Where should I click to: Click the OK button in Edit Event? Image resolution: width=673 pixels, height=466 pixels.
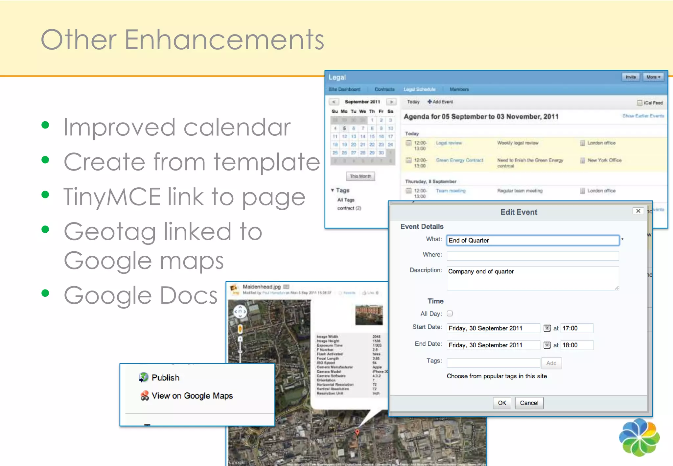(x=502, y=403)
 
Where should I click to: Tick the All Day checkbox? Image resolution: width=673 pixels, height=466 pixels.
(x=450, y=314)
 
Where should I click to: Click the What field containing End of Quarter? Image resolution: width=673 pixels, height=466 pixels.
(x=533, y=240)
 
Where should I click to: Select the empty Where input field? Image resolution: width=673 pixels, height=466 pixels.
(x=533, y=256)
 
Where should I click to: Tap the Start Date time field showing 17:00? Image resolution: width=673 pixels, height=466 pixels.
(x=577, y=328)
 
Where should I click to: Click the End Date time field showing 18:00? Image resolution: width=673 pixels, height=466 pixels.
(x=577, y=345)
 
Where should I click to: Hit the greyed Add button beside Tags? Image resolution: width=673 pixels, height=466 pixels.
(x=551, y=363)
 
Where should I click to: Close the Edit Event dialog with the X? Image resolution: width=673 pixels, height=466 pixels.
(x=638, y=211)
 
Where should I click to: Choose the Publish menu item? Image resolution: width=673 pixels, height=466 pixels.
(x=165, y=378)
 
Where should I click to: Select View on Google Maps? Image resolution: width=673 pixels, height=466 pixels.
(x=192, y=396)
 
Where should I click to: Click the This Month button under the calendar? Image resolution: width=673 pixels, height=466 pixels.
(x=360, y=176)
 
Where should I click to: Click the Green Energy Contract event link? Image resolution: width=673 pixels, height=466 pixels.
(x=459, y=160)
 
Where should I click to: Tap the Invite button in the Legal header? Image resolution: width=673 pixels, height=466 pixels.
(x=631, y=77)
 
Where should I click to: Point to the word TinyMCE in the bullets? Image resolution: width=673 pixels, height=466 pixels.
(x=112, y=197)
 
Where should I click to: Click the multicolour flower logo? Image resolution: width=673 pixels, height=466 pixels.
(x=639, y=437)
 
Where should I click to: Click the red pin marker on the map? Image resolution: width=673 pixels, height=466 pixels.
(x=357, y=432)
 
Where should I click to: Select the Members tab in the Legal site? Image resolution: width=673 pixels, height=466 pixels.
(x=459, y=89)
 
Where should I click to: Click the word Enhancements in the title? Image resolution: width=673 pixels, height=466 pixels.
(x=224, y=40)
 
